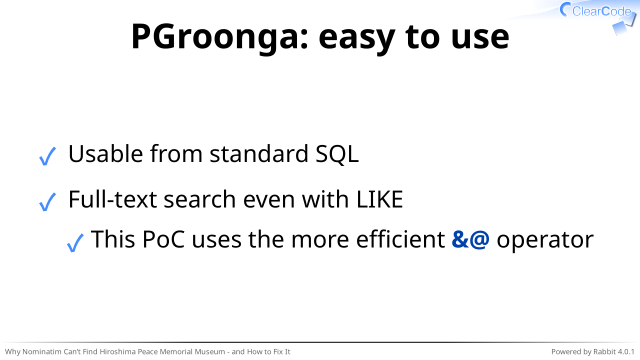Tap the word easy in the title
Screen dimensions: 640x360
pos(356,38)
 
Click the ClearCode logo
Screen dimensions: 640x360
pos(598,17)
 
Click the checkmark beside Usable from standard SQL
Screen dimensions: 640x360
pos(47,156)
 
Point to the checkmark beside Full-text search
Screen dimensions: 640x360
pos(47,202)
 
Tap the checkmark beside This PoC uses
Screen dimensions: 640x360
pos(75,242)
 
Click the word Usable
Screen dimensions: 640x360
pos(105,154)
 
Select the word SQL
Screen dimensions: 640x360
pos(337,155)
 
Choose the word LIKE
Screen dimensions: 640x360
pos(380,200)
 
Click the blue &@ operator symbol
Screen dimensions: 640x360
pos(470,240)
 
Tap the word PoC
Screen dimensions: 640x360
pos(163,240)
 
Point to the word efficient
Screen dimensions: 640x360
pos(400,239)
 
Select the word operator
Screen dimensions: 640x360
pos(545,241)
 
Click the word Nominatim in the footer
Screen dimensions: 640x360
pos(42,351)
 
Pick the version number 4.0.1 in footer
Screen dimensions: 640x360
pos(626,351)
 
